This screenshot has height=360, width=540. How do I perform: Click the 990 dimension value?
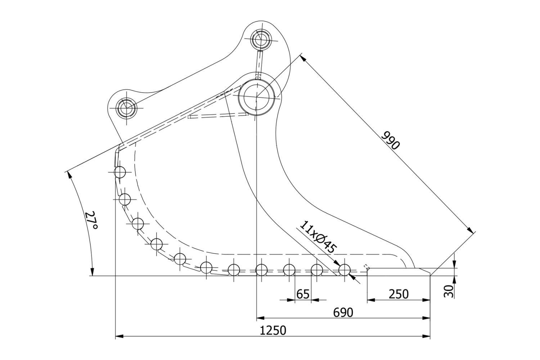click(x=390, y=140)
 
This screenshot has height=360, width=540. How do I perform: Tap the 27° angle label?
click(x=91, y=220)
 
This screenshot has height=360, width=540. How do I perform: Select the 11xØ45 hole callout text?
click(x=318, y=237)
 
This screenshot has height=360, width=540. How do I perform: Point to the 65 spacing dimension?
click(x=303, y=294)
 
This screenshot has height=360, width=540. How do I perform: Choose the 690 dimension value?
click(x=343, y=312)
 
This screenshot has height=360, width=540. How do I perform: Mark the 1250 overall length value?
click(x=273, y=330)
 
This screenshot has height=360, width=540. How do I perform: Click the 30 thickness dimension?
click(x=449, y=291)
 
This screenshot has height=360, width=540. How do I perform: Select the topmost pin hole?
click(x=261, y=39)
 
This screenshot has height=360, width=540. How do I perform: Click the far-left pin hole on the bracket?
click(x=126, y=108)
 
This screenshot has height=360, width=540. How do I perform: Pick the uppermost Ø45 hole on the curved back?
click(x=120, y=172)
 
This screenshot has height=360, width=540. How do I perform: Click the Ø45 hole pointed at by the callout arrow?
click(x=345, y=270)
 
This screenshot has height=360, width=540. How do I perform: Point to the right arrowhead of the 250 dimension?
click(x=426, y=300)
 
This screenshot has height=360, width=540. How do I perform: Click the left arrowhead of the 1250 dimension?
click(x=120, y=336)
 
